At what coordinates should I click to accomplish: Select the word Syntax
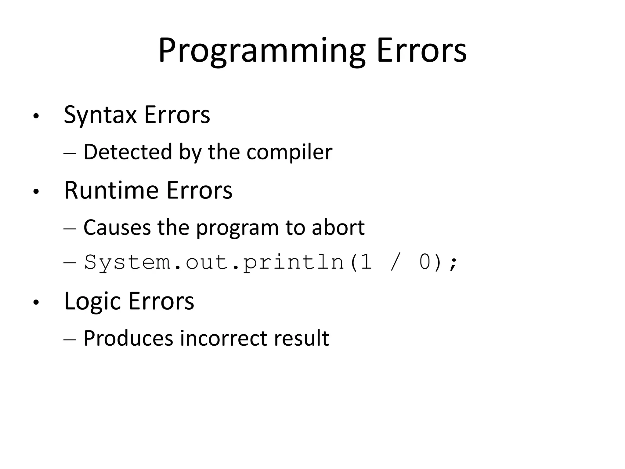click(100, 115)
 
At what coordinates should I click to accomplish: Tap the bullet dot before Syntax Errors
click(36, 116)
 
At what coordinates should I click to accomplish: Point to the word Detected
click(128, 152)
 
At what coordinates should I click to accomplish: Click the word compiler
click(289, 152)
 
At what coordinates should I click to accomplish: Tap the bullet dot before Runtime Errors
click(36, 192)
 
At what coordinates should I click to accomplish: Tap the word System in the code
click(127, 262)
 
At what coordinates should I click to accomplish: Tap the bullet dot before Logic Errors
click(36, 303)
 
